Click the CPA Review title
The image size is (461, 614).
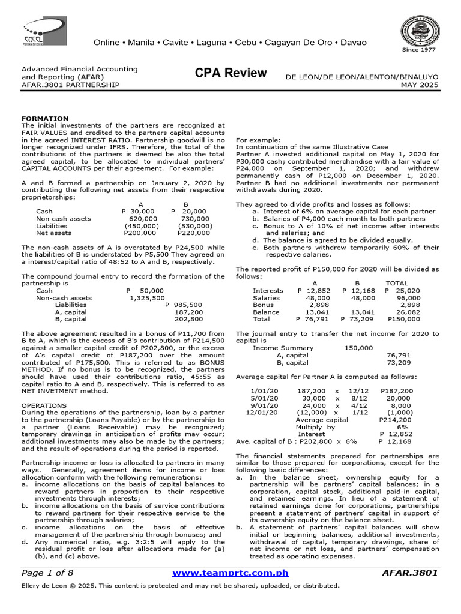(230, 73)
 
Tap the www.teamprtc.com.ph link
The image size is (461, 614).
(230, 573)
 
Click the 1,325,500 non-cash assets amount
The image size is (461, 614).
(146, 297)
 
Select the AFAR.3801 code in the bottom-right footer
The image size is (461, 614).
(410, 573)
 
